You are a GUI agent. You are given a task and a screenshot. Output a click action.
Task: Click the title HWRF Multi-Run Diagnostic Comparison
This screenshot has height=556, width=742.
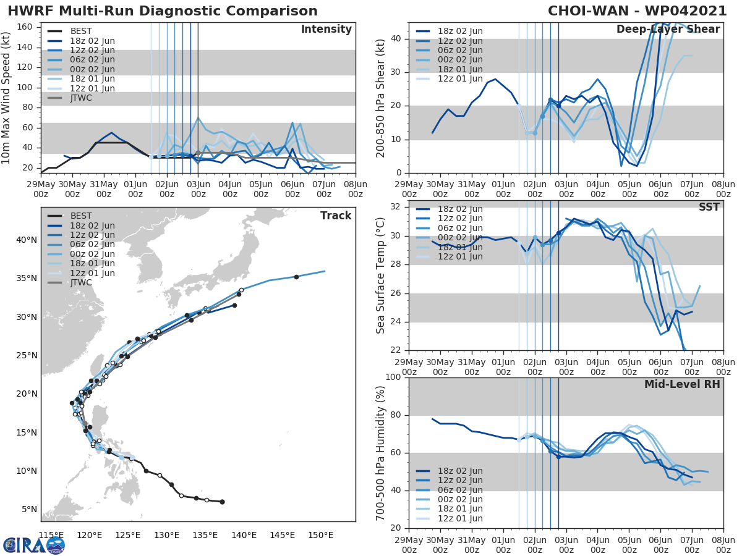coord(163,11)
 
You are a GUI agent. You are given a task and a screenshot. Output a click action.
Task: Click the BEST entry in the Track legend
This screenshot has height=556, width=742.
coord(80,216)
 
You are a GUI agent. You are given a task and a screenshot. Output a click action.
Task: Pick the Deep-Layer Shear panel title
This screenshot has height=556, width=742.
coord(668,30)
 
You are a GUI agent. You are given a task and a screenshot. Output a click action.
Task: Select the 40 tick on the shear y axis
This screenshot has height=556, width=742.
coord(396,39)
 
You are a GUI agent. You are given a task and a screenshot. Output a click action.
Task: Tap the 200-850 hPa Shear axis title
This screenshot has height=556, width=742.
coord(382,98)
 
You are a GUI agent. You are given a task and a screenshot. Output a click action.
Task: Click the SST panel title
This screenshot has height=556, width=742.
coord(709,207)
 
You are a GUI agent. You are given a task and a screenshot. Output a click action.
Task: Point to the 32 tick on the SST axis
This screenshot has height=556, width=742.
coord(396,207)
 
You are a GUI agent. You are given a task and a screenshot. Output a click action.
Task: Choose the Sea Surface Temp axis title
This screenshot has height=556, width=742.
coord(382,276)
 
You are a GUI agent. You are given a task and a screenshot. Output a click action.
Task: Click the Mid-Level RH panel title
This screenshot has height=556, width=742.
coord(682,384)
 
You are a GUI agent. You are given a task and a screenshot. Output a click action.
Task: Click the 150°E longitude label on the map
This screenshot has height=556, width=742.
coord(321,535)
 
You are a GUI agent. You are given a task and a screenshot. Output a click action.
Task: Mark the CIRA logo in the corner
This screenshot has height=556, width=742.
coord(34,545)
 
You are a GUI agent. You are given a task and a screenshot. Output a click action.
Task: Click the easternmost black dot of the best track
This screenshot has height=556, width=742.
coord(222,502)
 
